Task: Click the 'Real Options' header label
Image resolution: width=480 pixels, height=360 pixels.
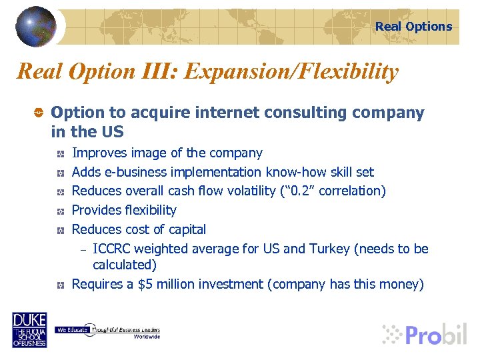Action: pos(413,27)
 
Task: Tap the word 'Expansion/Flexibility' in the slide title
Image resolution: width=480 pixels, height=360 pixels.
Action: pos(291,71)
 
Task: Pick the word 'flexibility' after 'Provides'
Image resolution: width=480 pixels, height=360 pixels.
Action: pos(151,211)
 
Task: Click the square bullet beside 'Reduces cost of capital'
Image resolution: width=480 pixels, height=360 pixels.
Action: pos(60,230)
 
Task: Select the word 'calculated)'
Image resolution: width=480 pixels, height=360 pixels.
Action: pos(125,265)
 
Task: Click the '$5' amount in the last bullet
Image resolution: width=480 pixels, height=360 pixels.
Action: pos(145,285)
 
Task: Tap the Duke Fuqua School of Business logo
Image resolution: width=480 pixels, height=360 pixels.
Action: pos(29,329)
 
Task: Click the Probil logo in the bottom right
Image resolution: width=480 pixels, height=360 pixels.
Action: pos(425,333)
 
